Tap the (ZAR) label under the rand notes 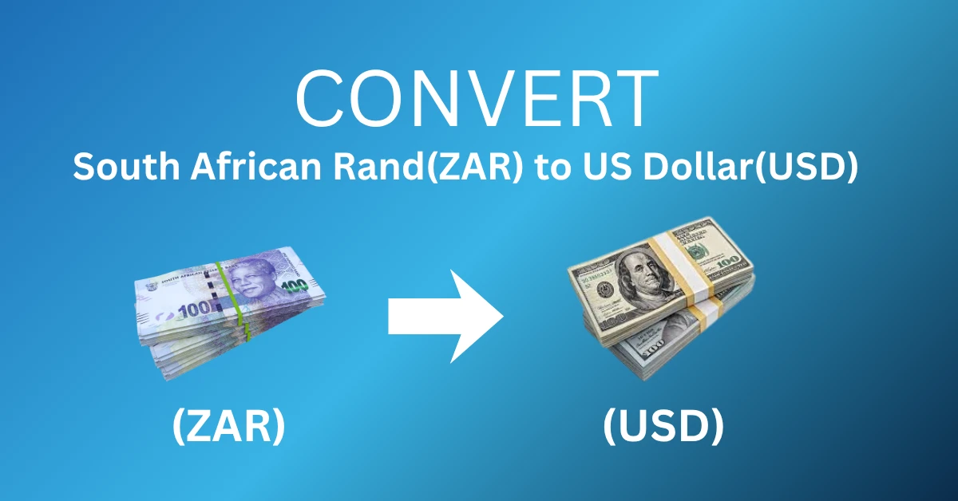228,426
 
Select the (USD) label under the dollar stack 663,426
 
